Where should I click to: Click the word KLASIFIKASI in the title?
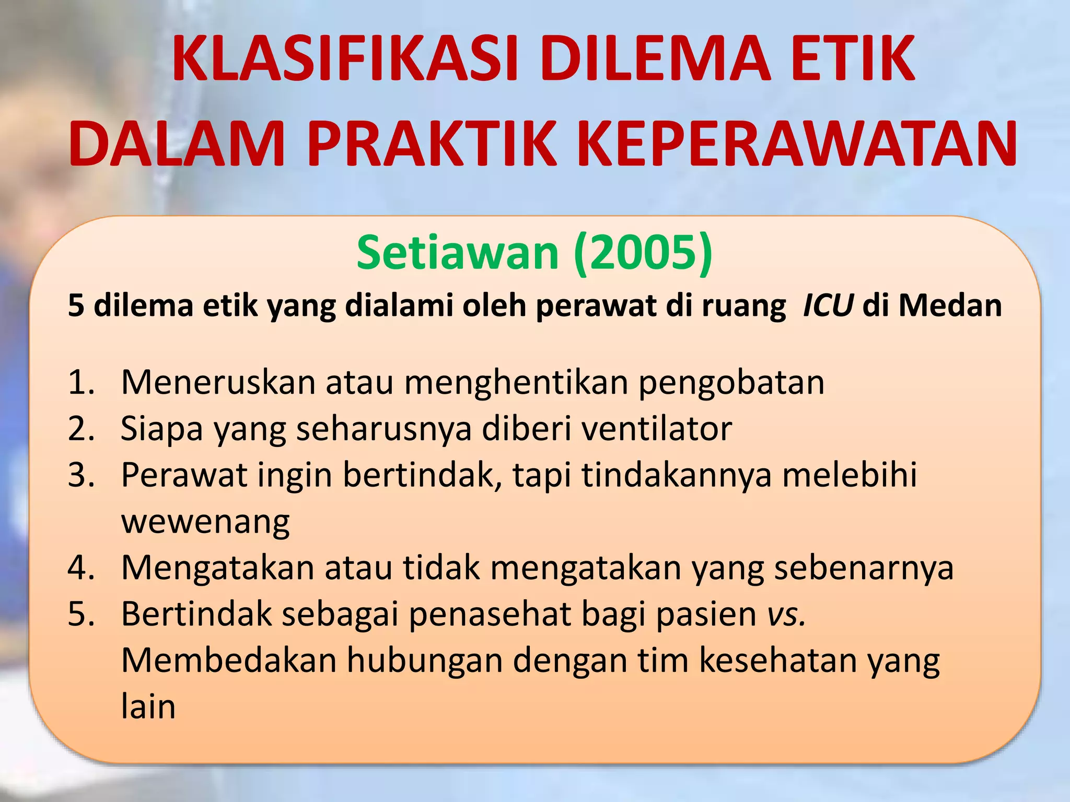345,58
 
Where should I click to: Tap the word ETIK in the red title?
853,58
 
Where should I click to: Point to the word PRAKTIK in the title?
432,144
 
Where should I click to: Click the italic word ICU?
828,305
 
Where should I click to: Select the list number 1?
81,383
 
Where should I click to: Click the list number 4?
81,568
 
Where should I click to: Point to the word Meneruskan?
218,383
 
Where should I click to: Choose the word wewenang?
205,522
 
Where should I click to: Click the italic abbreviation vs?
786,614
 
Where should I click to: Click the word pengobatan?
731,383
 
